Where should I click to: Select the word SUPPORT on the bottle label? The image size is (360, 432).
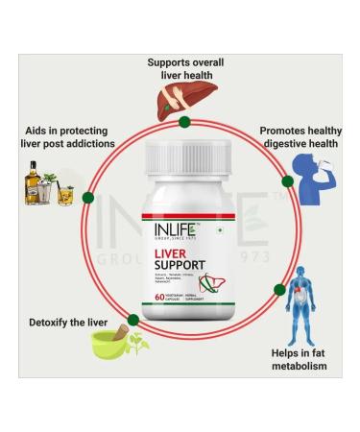[x=183, y=269]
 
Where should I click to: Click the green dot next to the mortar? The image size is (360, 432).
[x=103, y=322]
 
